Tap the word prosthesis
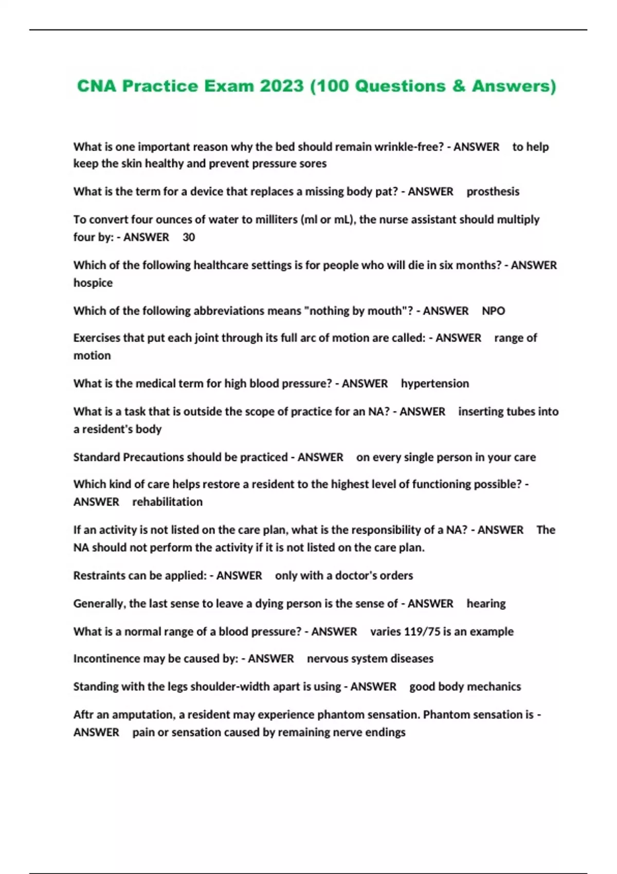(493, 192)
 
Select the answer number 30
(189, 238)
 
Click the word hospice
(93, 283)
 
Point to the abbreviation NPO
(493, 311)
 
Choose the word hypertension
(434, 384)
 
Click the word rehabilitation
(167, 502)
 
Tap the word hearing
(486, 604)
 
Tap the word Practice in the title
(160, 86)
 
